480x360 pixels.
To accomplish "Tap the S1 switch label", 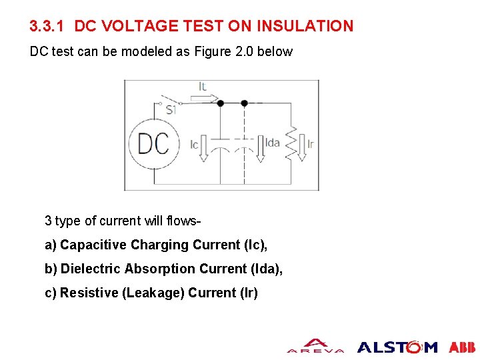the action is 170,110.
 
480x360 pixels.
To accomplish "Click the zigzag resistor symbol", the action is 291,143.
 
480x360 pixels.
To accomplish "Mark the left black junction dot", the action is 221,103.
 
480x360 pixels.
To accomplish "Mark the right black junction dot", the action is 244,103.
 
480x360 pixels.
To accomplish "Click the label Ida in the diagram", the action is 273,143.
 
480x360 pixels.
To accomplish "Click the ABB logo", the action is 462,347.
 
